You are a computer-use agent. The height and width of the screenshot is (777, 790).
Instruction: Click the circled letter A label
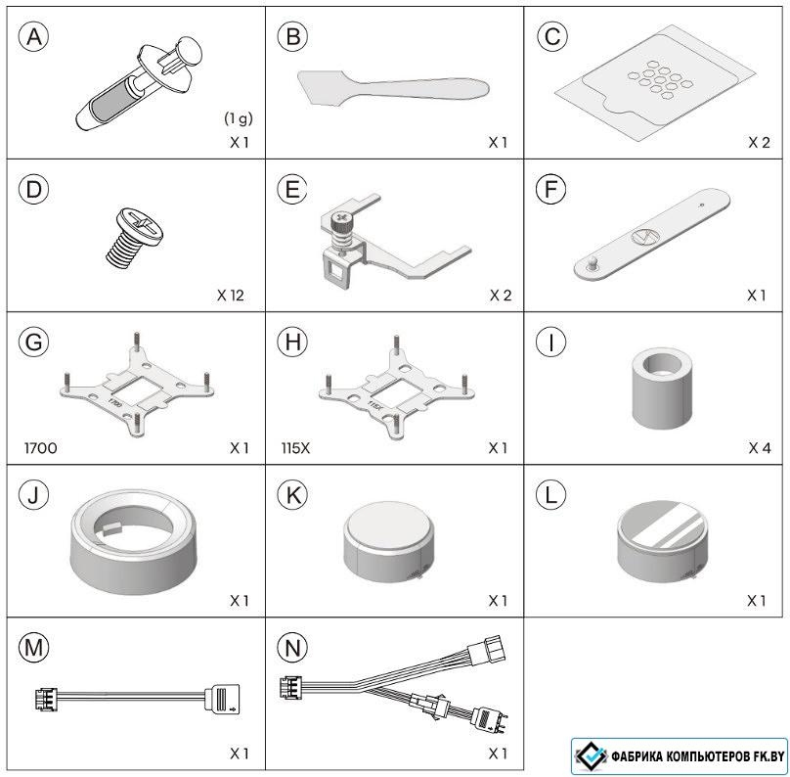[x=34, y=37]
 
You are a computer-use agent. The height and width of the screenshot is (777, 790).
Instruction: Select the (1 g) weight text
[x=239, y=118]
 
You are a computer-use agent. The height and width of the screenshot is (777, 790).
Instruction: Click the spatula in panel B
[x=392, y=88]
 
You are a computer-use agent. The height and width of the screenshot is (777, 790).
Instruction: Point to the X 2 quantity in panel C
[x=759, y=143]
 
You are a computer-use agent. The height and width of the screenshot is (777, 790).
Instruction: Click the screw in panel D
[x=134, y=236]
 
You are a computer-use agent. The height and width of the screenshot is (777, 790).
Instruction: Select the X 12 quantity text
[x=230, y=296]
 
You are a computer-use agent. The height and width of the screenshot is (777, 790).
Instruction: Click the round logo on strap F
[x=643, y=236]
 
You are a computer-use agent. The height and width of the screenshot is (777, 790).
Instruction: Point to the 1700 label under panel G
[x=41, y=448]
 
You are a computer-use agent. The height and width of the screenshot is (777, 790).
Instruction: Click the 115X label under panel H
[x=295, y=448]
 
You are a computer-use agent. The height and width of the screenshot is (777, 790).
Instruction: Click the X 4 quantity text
[x=760, y=448]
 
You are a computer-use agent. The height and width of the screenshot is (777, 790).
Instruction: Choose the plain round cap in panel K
[x=388, y=542]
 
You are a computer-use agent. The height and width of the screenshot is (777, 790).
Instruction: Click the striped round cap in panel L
[x=662, y=541]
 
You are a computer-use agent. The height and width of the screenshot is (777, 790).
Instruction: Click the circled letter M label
[x=34, y=648]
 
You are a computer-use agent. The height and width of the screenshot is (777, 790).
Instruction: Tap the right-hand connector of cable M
[x=222, y=699]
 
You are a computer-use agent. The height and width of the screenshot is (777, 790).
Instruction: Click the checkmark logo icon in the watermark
[x=591, y=755]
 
